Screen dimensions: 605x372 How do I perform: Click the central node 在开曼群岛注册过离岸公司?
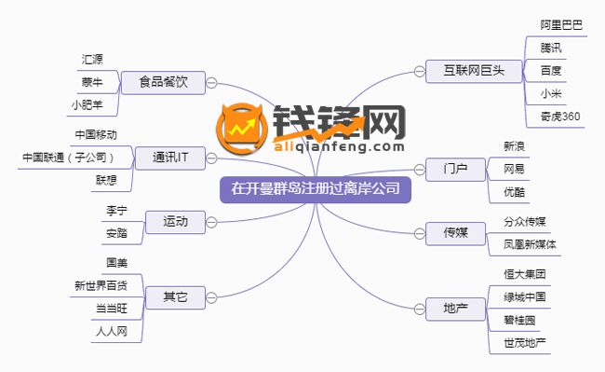(x=315, y=189)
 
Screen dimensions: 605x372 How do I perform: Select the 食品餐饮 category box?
(x=168, y=82)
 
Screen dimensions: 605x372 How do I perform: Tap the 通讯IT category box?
(x=169, y=158)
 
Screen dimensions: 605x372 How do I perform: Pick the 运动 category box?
(x=175, y=221)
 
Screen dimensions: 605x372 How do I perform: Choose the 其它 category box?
(x=175, y=297)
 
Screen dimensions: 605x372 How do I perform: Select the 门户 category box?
(x=450, y=169)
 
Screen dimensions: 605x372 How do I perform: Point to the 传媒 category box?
(x=450, y=232)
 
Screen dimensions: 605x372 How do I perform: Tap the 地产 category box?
(x=450, y=307)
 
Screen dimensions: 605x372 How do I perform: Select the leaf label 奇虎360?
(x=559, y=116)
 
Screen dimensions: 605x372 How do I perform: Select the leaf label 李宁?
(x=116, y=210)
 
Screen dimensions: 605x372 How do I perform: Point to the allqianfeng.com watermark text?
(x=339, y=145)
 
